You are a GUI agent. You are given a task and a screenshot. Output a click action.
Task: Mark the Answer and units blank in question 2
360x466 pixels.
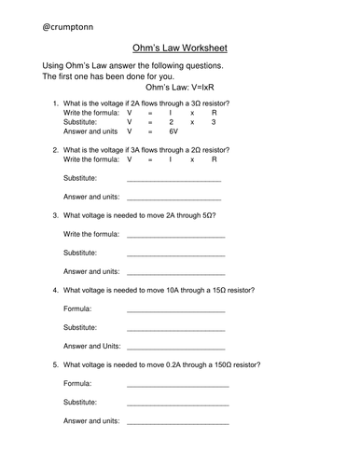click(173, 199)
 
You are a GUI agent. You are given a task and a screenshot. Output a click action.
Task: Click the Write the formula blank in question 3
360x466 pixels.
click(174, 235)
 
